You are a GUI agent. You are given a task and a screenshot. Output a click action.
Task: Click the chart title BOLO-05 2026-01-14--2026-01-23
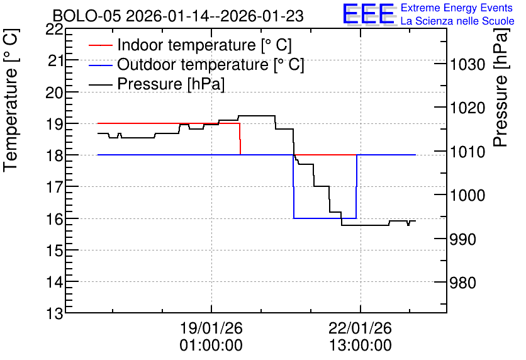(178, 16)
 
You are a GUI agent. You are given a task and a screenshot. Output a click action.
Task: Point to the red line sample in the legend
(100, 45)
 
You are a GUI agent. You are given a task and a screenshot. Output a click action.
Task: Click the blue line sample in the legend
(100, 64)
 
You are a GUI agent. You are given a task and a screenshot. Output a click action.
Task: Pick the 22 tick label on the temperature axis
(54, 30)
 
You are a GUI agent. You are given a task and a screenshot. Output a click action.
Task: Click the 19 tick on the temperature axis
(54, 124)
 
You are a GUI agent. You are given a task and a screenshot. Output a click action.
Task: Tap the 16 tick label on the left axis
(54, 220)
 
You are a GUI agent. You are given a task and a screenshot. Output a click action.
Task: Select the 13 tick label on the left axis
(54, 314)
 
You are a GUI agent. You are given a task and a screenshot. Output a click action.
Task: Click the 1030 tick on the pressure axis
(467, 64)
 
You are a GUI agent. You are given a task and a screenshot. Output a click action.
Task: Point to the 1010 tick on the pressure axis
(467, 152)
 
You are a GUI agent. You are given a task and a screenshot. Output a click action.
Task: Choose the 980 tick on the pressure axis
(462, 283)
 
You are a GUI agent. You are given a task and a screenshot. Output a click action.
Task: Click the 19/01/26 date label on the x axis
(211, 328)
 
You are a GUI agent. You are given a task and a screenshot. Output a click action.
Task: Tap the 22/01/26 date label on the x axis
(360, 328)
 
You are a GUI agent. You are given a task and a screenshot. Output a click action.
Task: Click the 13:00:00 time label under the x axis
(360, 346)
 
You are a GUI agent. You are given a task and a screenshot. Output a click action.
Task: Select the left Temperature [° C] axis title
(11, 101)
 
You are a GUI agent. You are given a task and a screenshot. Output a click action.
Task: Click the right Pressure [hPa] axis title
(501, 88)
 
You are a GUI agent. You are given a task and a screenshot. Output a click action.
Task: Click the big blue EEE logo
(368, 14)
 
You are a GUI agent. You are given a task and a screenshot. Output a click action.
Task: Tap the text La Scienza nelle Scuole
(457, 21)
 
